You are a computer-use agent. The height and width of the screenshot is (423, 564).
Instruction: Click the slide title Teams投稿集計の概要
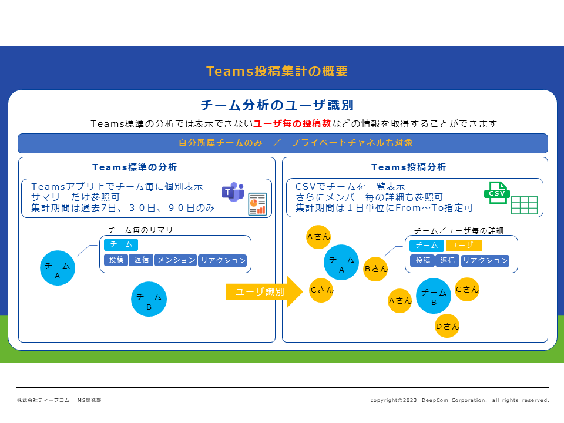(277, 71)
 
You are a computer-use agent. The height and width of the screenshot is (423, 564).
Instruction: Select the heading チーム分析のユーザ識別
(277, 105)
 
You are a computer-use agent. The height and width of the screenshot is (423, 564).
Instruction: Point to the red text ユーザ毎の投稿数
(292, 124)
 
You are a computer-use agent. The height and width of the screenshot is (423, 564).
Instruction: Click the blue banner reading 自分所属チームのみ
(283, 143)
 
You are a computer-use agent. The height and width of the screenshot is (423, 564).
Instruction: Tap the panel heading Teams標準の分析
(135, 167)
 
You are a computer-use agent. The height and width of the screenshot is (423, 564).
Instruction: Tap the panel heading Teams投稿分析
(409, 167)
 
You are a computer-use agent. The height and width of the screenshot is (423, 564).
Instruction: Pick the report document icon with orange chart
(257, 204)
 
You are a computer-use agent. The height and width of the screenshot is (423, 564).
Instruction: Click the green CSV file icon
(497, 193)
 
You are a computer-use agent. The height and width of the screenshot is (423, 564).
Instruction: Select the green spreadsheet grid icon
(525, 205)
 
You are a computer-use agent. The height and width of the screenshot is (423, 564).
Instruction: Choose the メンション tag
(176, 260)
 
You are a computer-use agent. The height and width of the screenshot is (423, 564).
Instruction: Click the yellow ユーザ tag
(464, 246)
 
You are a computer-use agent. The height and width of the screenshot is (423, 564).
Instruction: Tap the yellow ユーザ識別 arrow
(264, 292)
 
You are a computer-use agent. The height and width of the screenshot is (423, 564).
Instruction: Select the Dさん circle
(447, 326)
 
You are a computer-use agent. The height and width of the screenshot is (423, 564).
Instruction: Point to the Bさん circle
(375, 268)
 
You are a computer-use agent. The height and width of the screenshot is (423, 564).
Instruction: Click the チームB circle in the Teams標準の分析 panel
(149, 299)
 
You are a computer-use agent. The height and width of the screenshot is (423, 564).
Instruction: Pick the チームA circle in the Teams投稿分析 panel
(341, 262)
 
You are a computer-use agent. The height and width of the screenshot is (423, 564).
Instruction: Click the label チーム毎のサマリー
(145, 230)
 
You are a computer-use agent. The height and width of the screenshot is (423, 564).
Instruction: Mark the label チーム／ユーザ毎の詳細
(459, 230)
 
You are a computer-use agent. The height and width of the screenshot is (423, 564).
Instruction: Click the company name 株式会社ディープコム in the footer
(43, 400)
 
